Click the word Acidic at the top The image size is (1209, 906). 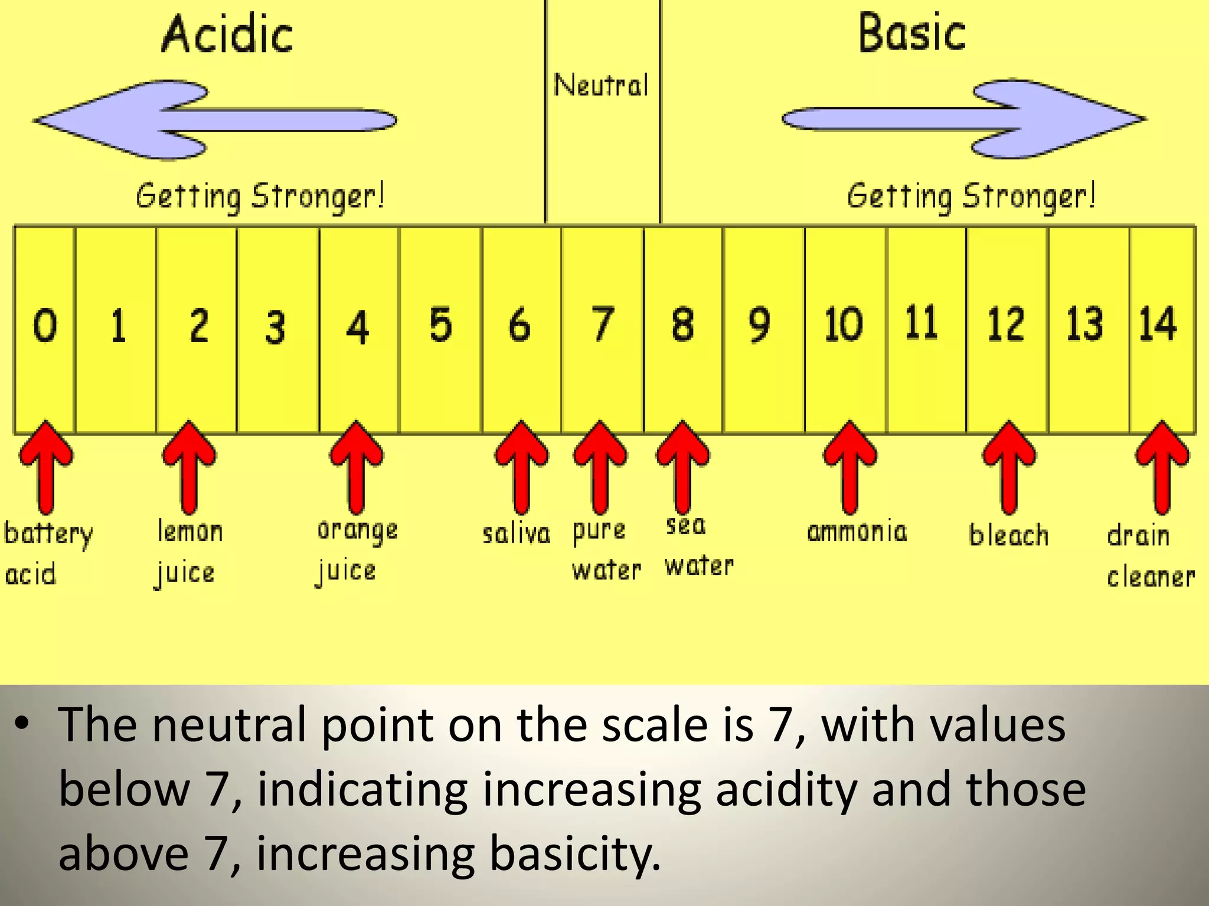(227, 35)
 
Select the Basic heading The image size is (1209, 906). (911, 34)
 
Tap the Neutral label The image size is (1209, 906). (601, 86)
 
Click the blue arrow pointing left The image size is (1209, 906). (213, 120)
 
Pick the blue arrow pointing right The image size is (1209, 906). (965, 119)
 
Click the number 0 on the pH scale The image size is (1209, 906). (45, 325)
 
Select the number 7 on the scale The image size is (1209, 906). (602, 324)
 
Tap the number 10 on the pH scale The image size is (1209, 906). (844, 324)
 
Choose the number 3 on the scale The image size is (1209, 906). (275, 327)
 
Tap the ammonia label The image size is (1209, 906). (857, 532)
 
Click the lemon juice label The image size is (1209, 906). (188, 552)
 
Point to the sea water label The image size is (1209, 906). (698, 546)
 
